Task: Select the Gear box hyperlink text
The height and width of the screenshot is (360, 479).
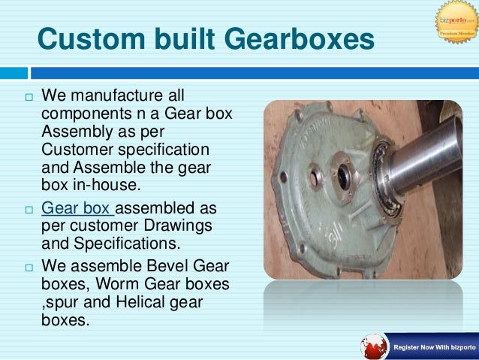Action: (77, 207)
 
